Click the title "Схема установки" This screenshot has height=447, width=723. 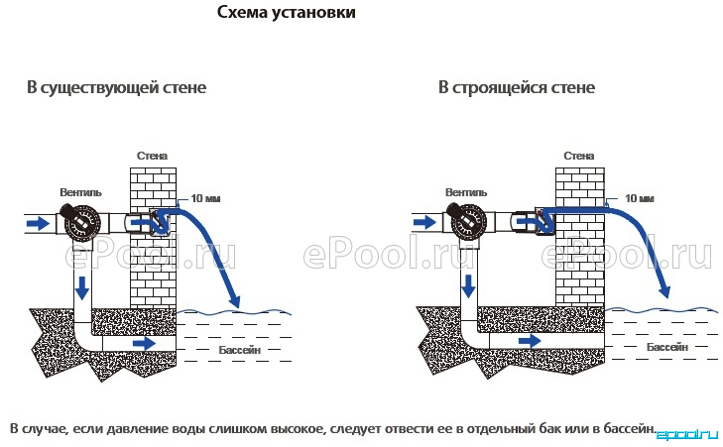coord(287,12)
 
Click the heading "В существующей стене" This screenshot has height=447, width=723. coord(116,87)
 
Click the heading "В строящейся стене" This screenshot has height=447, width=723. coord(517,87)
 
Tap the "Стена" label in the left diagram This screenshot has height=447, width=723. coord(152,156)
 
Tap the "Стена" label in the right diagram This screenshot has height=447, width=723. coord(578,156)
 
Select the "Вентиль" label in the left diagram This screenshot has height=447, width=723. coord(80,192)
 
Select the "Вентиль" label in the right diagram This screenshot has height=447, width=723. coord(466,192)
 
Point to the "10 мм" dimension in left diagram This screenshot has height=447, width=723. coord(205,198)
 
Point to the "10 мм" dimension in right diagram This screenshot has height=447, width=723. coord(639,198)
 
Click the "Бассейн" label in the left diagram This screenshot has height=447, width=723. coord(240,350)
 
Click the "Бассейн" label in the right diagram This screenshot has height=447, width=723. coord(667,347)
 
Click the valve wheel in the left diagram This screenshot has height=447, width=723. coord(82,224)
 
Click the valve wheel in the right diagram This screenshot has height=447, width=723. coord(467,224)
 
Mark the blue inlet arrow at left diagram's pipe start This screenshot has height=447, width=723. coord(38,224)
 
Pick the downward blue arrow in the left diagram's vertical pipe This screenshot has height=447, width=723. coord(82,287)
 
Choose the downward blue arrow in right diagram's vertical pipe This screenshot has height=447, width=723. coord(468,285)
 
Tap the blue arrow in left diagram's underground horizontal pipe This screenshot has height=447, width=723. coord(145,343)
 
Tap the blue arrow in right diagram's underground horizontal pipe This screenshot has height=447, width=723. coord(530,341)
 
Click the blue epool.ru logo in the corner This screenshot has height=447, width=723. coord(686,434)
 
